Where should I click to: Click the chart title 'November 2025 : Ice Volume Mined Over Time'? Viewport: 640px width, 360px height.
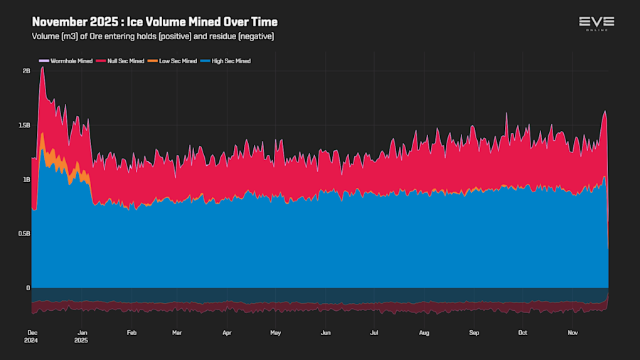pyautogui.click(x=154, y=22)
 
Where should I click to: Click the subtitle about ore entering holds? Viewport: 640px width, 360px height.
pyautogui.click(x=153, y=36)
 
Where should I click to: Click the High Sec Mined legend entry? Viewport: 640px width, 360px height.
pyautogui.click(x=229, y=61)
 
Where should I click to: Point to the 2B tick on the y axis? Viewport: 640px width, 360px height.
pyautogui.click(x=26, y=71)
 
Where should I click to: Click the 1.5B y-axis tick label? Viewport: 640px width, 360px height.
pyautogui.click(x=24, y=125)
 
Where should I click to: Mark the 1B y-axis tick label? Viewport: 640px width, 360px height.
pyautogui.click(x=26, y=180)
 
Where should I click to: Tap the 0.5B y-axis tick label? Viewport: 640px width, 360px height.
pyautogui.click(x=24, y=234)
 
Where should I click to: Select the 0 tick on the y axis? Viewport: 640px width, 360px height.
pyautogui.click(x=28, y=288)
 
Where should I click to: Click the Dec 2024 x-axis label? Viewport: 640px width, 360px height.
pyautogui.click(x=33, y=336)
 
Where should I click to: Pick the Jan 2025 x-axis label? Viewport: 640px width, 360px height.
pyautogui.click(x=82, y=336)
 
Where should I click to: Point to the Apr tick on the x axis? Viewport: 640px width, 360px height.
pyautogui.click(x=227, y=332)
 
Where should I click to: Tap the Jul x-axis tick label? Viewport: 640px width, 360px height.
pyautogui.click(x=374, y=332)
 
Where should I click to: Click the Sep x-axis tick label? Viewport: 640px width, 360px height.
pyautogui.click(x=474, y=332)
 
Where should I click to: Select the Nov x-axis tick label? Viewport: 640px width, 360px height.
pyautogui.click(x=572, y=332)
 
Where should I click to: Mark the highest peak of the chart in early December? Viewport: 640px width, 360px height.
pyautogui.click(x=43, y=68)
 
